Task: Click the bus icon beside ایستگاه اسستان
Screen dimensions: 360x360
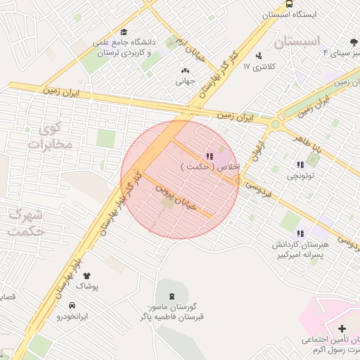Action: tap(330, 4)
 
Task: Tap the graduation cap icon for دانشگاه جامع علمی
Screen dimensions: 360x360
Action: tap(124, 32)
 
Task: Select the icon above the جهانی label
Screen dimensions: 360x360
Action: tap(185, 70)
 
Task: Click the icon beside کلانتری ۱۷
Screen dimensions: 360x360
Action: tap(259, 55)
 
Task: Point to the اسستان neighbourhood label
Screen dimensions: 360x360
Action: tap(300, 41)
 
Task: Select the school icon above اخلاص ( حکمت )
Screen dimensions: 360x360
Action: tap(209, 155)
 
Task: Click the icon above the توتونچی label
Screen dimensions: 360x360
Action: tap(300, 165)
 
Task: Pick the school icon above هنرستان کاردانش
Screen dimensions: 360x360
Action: tap(300, 233)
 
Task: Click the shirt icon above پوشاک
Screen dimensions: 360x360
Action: tap(87, 276)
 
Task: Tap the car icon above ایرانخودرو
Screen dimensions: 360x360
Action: tap(72, 305)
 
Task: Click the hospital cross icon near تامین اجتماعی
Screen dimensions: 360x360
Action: tap(342, 328)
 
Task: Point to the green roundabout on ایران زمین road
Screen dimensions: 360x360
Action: tap(275, 124)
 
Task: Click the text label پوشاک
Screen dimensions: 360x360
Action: tap(87, 288)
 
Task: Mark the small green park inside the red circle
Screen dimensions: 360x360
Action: tap(168, 204)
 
